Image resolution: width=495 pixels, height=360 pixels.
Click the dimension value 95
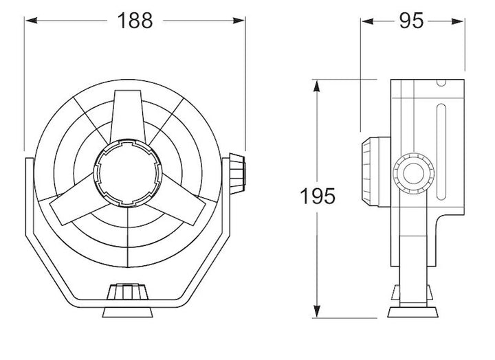pos(410,21)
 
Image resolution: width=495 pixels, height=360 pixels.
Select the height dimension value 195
pos(317,196)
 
